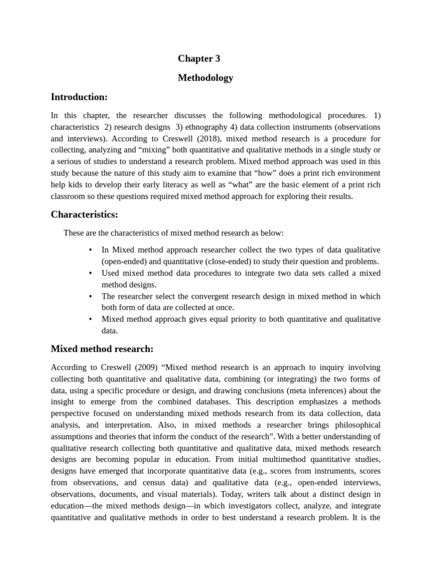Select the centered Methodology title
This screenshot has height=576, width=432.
click(205, 78)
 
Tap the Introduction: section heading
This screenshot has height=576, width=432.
click(79, 97)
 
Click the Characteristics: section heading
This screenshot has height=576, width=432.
click(84, 214)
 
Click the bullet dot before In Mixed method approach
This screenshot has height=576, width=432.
click(90, 250)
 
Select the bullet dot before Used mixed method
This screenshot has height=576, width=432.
click(90, 273)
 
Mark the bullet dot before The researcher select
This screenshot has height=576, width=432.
click(90, 296)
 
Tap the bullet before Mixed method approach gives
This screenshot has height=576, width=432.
click(90, 319)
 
